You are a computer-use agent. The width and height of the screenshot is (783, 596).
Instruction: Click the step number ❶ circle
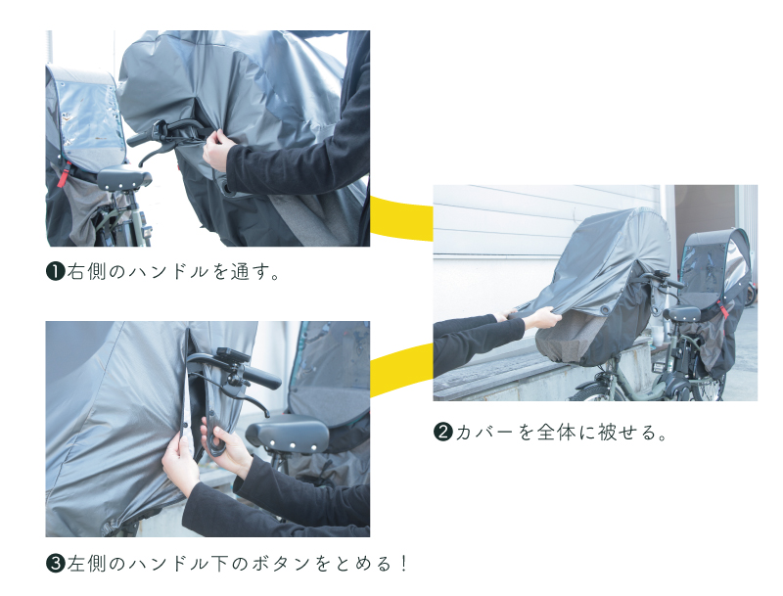(x=56, y=271)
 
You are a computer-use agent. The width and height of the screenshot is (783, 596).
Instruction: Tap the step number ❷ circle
(x=443, y=432)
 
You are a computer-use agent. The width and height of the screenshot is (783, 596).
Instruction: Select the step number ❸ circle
(x=56, y=564)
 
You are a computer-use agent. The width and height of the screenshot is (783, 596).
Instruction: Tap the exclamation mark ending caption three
(x=403, y=564)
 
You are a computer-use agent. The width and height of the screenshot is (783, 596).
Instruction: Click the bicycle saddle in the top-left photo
(x=124, y=178)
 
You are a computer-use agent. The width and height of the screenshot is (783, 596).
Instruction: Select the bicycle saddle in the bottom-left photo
(x=287, y=434)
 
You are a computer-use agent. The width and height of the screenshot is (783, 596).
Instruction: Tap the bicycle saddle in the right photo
(x=681, y=313)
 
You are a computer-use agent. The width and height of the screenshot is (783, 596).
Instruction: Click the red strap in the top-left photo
(x=64, y=174)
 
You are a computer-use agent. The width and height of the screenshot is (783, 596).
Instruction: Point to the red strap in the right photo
(x=722, y=309)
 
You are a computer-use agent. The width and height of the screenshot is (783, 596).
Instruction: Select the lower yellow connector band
(x=401, y=369)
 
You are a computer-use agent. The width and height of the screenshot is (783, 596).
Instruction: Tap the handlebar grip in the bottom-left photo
(x=261, y=378)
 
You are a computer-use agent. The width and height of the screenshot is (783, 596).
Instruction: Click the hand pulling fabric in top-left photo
(x=217, y=151)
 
